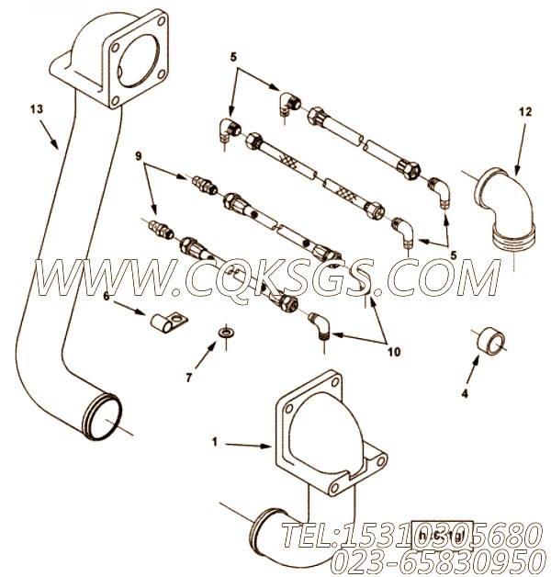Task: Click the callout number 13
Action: click(x=36, y=109)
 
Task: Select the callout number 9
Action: click(x=140, y=155)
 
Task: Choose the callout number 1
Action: click(x=215, y=442)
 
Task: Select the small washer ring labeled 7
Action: click(x=223, y=331)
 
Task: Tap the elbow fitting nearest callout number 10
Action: click(x=320, y=324)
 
